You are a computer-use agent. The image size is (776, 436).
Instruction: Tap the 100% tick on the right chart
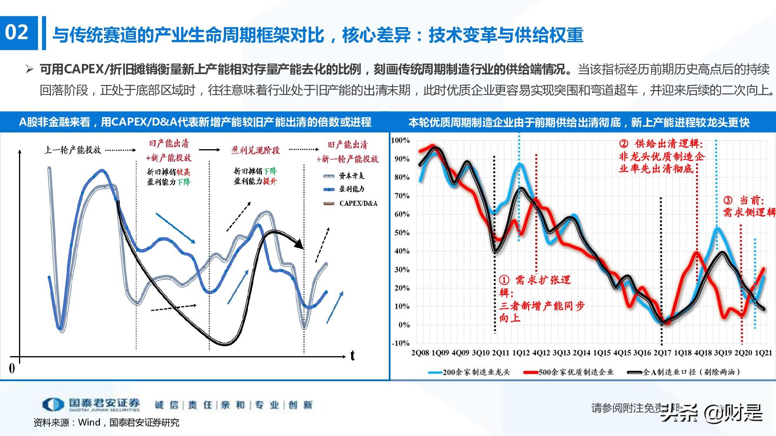click(x=400, y=140)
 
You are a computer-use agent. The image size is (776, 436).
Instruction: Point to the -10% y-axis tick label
click(x=400, y=343)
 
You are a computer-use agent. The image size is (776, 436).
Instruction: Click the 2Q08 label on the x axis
click(x=420, y=353)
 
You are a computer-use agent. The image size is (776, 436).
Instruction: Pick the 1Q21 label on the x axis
click(x=763, y=353)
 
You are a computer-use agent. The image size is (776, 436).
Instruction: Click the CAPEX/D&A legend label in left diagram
click(x=358, y=203)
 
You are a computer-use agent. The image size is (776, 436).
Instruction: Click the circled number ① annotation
click(x=504, y=280)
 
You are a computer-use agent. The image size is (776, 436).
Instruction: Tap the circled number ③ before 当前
click(x=728, y=200)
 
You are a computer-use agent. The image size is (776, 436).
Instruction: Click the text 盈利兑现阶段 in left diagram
click(x=255, y=150)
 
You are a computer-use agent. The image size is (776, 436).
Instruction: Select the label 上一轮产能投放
click(x=73, y=150)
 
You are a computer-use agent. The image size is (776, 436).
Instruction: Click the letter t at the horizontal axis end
click(x=352, y=355)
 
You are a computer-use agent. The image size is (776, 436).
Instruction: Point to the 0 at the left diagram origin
click(x=12, y=368)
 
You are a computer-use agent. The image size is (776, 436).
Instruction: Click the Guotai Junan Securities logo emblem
click(x=53, y=405)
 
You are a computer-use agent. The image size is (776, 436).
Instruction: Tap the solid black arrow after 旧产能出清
click(x=210, y=150)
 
